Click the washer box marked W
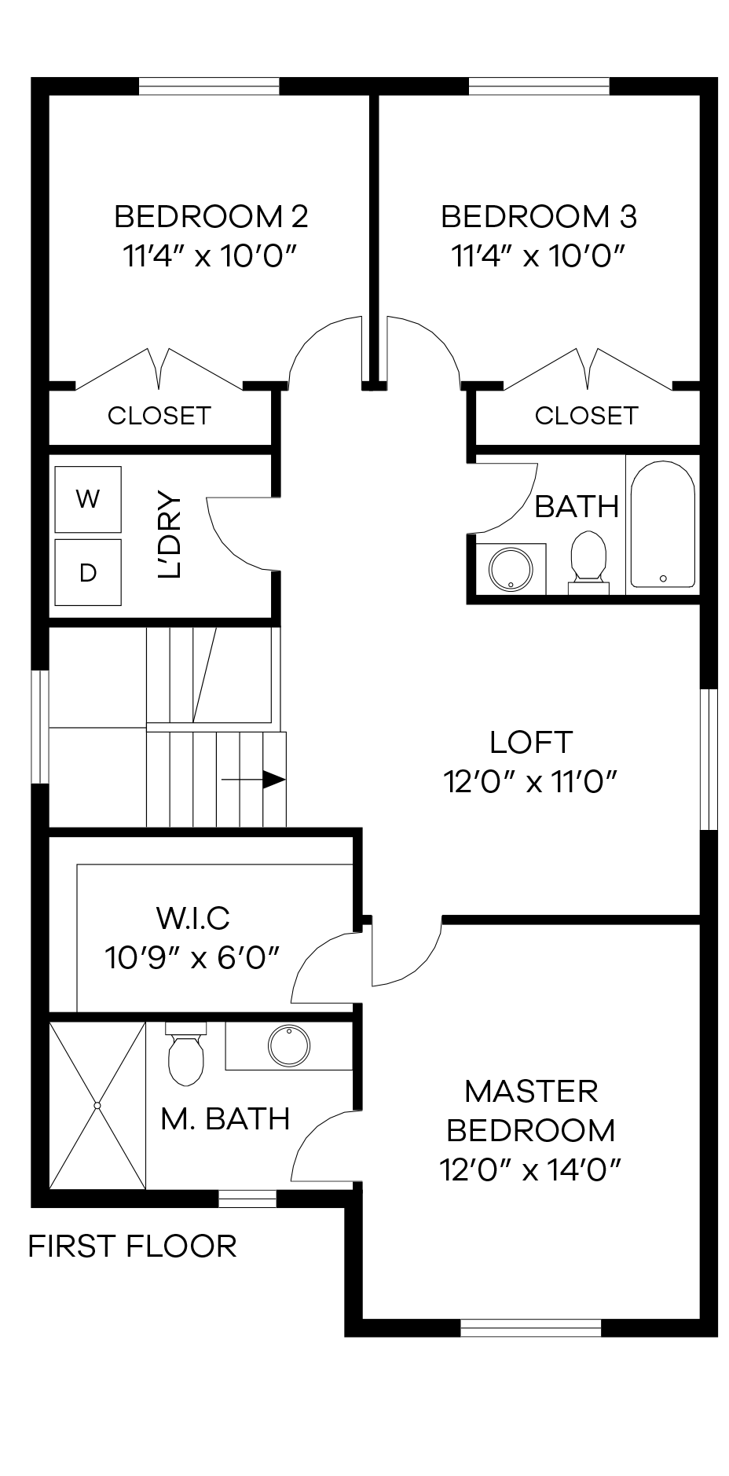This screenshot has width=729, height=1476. click(87, 499)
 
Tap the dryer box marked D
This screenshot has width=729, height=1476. click(87, 572)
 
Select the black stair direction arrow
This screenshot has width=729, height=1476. click(272, 779)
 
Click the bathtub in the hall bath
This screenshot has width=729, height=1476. click(663, 523)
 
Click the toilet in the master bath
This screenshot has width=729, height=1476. click(185, 1055)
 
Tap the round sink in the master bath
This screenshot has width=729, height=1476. click(288, 1045)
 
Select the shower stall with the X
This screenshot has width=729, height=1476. click(97, 1105)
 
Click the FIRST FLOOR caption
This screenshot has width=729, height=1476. click(132, 1247)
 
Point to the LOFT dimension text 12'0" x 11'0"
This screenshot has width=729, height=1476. click(530, 782)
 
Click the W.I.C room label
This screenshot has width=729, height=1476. click(192, 916)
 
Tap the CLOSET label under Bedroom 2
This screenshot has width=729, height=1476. click(159, 415)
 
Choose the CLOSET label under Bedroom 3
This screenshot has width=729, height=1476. click(586, 415)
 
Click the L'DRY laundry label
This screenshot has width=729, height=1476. click(170, 535)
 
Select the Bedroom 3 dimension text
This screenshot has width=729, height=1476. click(538, 255)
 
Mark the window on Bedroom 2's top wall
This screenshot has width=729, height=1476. click(209, 86)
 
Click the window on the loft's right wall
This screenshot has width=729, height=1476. click(709, 759)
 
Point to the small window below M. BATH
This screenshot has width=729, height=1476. click(247, 1199)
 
